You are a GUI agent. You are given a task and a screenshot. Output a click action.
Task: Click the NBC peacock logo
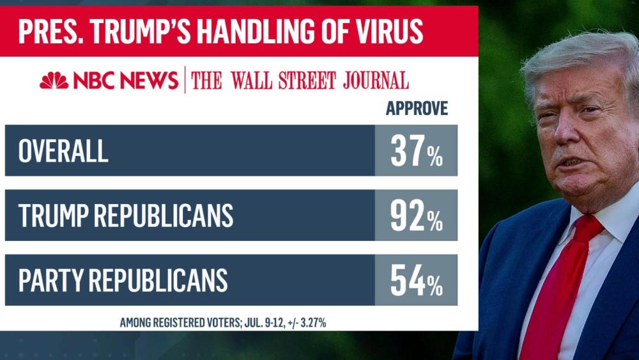click(54, 81)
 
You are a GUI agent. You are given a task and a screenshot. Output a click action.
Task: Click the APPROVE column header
click(417, 109)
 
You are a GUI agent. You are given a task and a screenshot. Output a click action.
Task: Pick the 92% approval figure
click(416, 215)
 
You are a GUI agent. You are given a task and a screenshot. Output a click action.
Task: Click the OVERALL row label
click(63, 151)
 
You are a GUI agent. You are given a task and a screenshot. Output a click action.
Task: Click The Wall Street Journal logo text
click(300, 81)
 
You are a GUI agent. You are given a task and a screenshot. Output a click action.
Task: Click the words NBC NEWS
click(125, 81)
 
